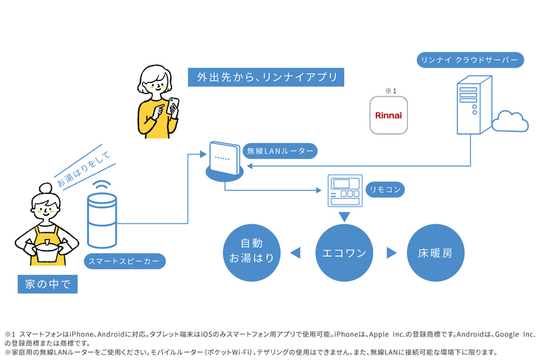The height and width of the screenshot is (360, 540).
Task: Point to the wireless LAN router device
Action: pos(223,161)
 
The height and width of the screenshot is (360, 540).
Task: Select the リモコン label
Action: pos(384,190)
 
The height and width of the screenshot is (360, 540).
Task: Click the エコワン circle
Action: pos(345,254)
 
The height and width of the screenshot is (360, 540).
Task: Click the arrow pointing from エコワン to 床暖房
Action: pos(391,254)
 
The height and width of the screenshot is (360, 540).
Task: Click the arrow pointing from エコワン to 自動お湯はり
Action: pos(295,254)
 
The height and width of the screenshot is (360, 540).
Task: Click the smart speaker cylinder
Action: pos(102,220)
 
